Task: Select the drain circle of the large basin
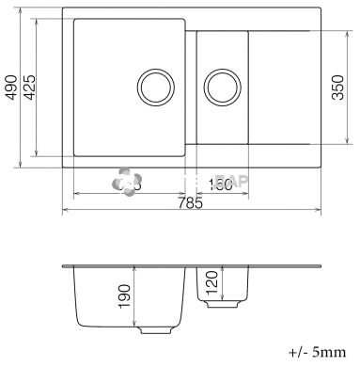click(x=153, y=87)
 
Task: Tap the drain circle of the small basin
click(x=222, y=87)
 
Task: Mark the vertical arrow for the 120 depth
click(x=201, y=283)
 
